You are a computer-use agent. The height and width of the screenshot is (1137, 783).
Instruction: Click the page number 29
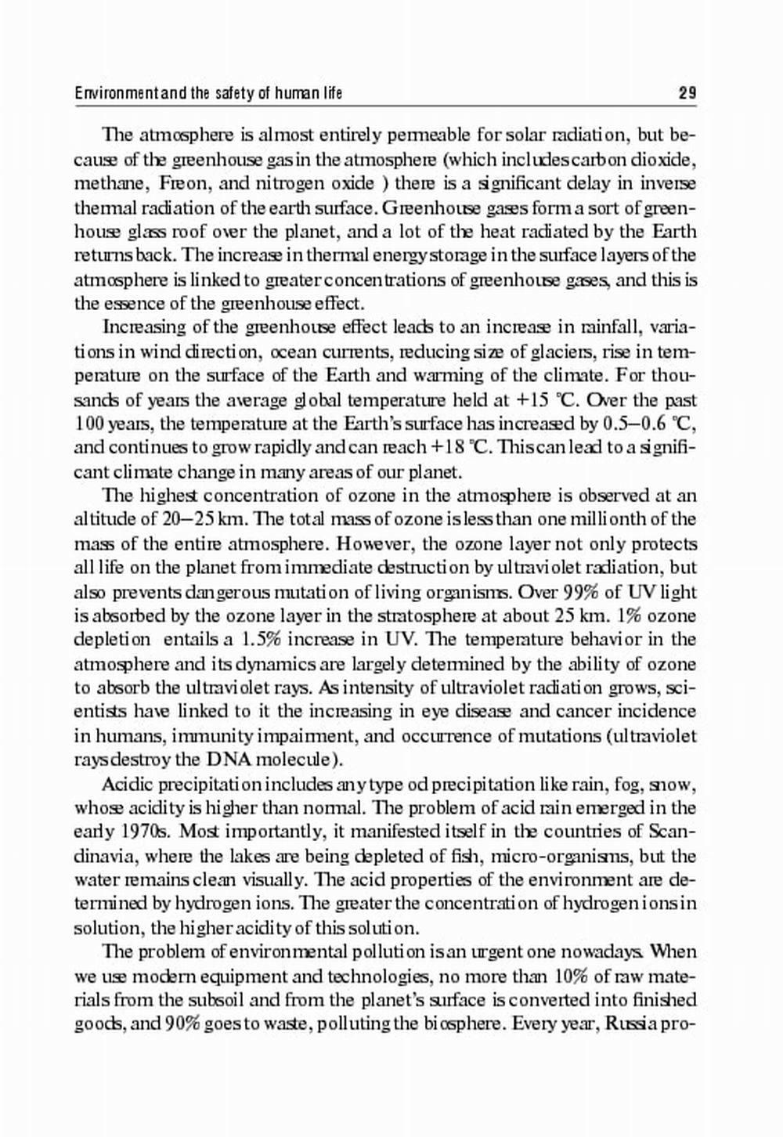687,94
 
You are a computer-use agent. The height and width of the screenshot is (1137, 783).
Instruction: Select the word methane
110,184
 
